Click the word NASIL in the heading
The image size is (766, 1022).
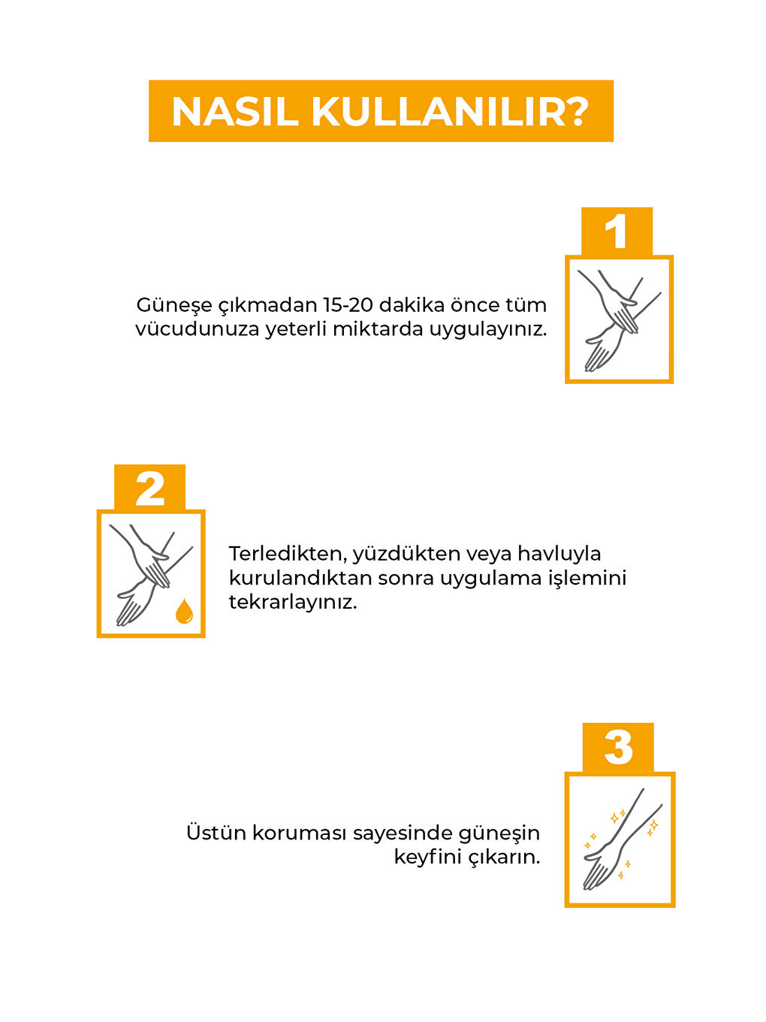tap(236, 112)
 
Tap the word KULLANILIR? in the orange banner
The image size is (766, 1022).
tap(450, 112)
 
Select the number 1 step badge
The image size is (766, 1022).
tap(617, 231)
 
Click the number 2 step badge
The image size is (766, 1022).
tap(149, 488)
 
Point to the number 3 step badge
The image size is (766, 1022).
tap(618, 748)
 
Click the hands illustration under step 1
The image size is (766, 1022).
tap(618, 320)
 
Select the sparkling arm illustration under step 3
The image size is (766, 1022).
tap(619, 839)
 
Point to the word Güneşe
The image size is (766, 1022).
tap(174, 305)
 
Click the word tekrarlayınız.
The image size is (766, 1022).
tap(292, 602)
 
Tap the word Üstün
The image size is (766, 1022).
tap(216, 833)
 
